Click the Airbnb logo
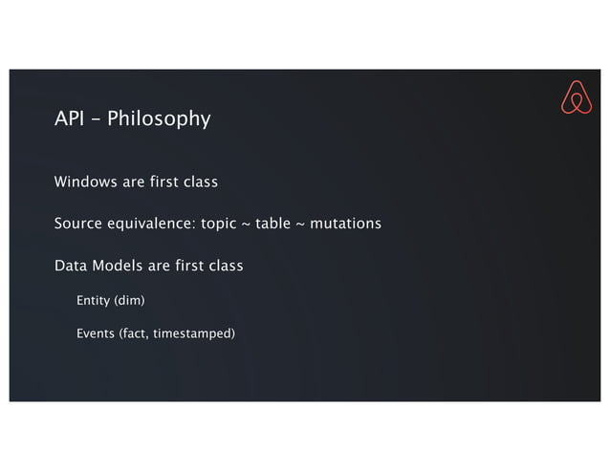[576, 97]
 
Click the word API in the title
[69, 119]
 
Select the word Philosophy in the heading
[159, 120]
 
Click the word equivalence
[153, 224]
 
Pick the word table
[273, 224]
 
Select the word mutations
[345, 224]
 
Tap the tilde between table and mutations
[300, 225]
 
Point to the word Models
[117, 265]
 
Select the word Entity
[93, 302]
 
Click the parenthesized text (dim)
[129, 302]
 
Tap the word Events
[96, 333]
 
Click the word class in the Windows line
[200, 182]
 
